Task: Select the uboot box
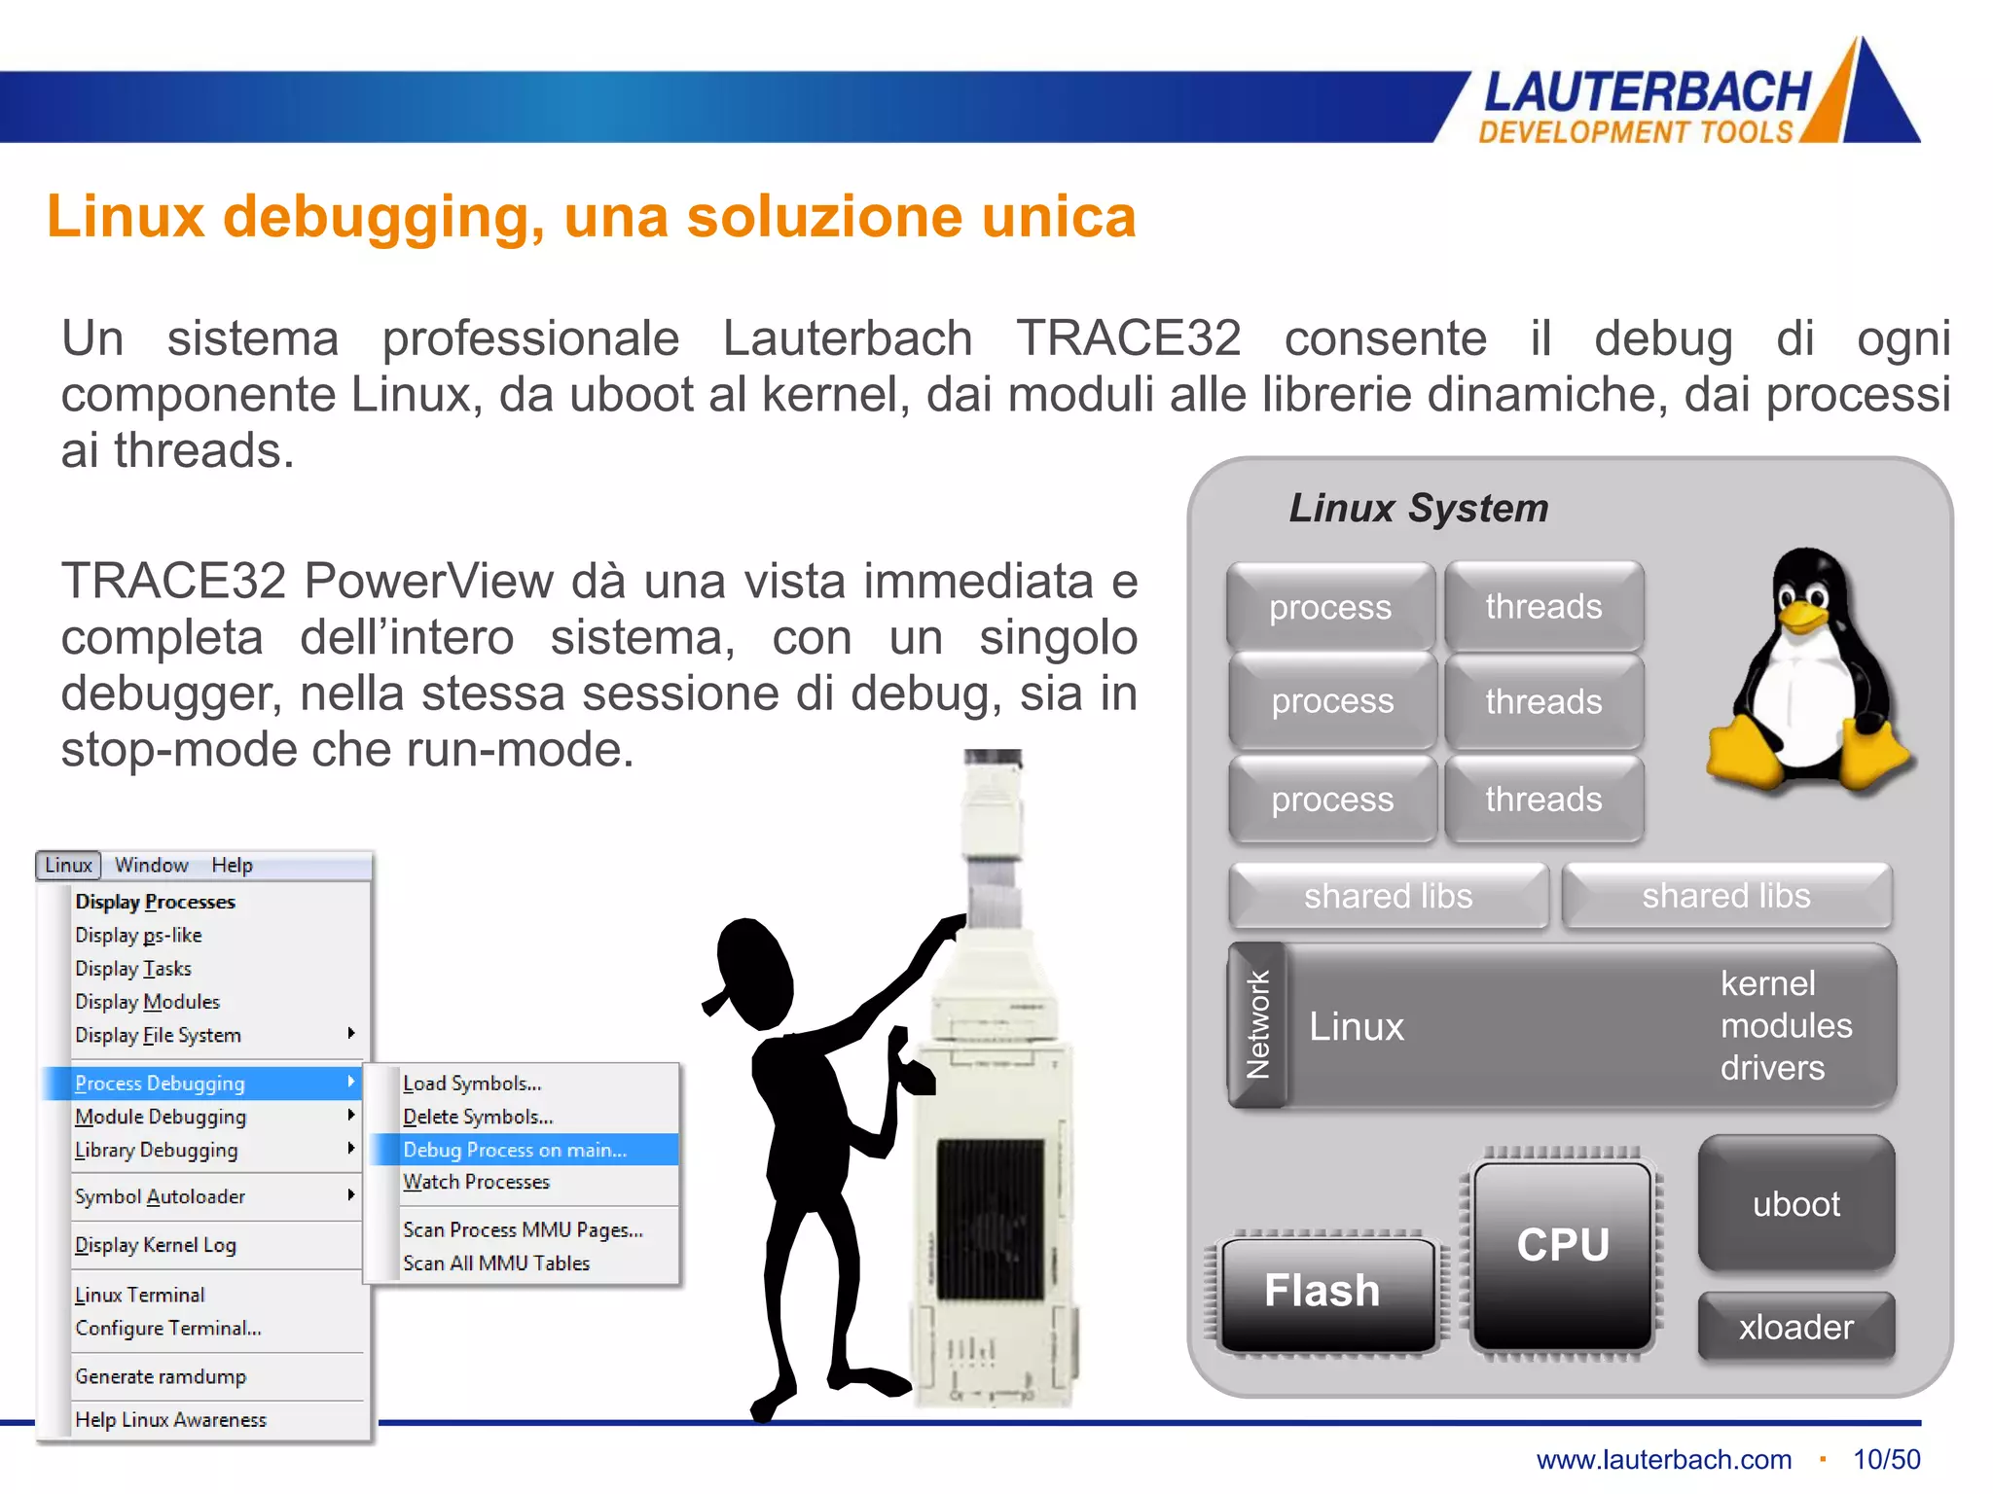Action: [1796, 1204]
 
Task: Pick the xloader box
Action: [1796, 1327]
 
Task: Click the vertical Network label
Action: [1257, 1025]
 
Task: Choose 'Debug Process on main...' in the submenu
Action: [515, 1150]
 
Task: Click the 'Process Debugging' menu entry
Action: [161, 1084]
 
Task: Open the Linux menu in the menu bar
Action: [68, 866]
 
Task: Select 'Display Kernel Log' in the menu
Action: [156, 1245]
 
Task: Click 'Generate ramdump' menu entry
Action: [161, 1376]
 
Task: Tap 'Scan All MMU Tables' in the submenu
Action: [496, 1263]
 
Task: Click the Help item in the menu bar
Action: [232, 866]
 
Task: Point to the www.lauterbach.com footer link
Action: [1664, 1460]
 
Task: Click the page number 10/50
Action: [1886, 1460]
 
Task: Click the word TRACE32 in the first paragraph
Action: [1129, 339]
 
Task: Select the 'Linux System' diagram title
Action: [1419, 509]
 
